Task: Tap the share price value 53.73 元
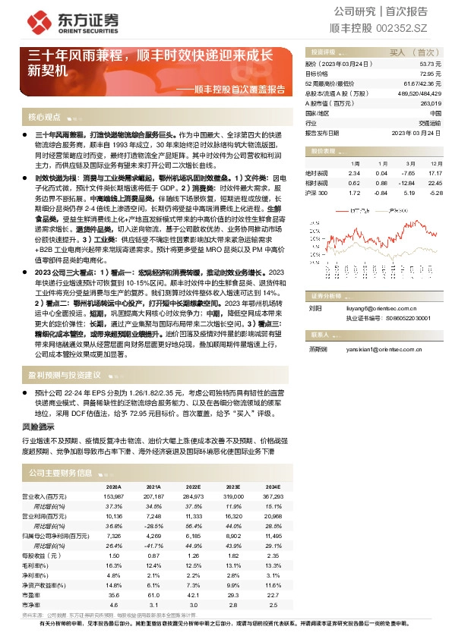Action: tap(430, 65)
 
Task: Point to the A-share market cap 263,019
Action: tap(430, 103)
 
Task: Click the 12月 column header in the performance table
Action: tap(433, 163)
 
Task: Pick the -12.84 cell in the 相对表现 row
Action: tap(406, 182)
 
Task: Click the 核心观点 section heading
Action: tap(44, 118)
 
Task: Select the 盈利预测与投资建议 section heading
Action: tap(65, 375)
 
